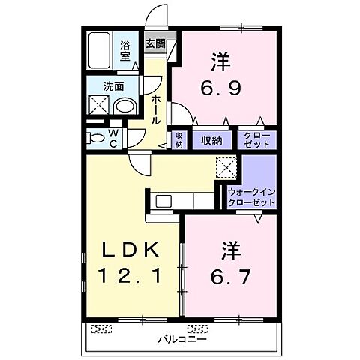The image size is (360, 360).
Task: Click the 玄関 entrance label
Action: coord(155,44)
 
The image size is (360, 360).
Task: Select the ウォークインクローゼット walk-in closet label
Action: coord(252,197)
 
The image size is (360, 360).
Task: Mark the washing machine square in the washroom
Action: coord(98,106)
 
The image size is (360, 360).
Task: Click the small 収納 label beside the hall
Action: coord(179,139)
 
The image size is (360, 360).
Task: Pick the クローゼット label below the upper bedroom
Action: coord(257,139)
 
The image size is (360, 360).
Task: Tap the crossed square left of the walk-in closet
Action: coord(226,166)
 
